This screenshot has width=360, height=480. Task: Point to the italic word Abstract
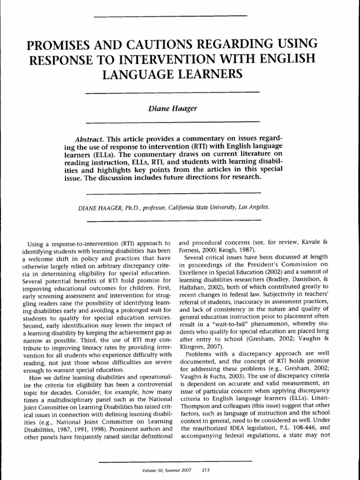pyautogui.click(x=89, y=140)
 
